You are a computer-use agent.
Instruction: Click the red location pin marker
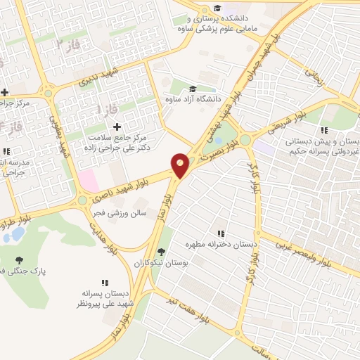(181, 165)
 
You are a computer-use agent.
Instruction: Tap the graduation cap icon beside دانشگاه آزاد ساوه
(193, 89)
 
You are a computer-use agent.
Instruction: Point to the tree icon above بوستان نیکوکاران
(161, 252)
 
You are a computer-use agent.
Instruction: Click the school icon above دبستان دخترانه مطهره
(221, 233)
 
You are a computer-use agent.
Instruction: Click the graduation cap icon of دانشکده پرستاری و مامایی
(217, 7)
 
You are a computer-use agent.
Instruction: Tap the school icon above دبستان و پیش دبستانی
(324, 130)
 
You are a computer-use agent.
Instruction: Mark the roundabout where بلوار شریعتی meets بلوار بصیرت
(245, 140)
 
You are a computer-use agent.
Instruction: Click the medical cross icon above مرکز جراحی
(5, 92)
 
